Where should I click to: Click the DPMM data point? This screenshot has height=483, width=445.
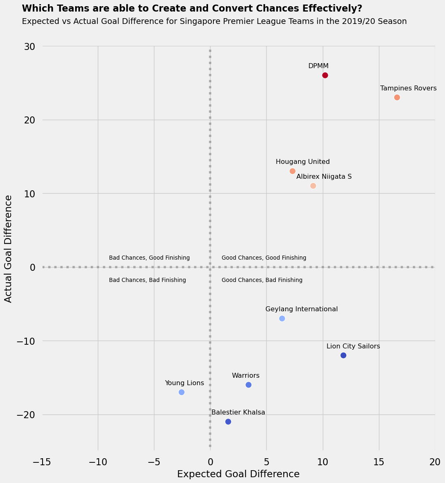tap(325, 75)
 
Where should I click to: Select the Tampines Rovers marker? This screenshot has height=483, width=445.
tap(397, 97)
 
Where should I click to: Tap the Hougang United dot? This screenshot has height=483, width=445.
tap(292, 171)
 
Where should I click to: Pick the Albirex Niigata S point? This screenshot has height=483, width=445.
tap(313, 186)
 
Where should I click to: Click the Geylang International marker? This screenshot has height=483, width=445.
tap(282, 318)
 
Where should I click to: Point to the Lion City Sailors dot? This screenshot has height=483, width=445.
tap(343, 355)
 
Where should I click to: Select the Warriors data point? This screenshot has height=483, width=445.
tap(249, 385)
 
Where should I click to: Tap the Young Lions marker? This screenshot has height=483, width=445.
tap(182, 392)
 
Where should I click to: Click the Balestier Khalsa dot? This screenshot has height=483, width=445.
tap(228, 421)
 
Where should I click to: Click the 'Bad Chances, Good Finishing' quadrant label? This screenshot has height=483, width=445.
tap(149, 258)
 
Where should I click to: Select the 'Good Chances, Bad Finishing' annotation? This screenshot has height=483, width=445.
tap(262, 280)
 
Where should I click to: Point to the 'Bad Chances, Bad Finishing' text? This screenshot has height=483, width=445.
tap(147, 280)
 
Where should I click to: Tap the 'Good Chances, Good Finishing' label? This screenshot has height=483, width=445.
tap(264, 258)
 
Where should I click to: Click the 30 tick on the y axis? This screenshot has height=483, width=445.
tap(29, 46)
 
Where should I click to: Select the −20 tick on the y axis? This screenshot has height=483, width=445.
tap(26, 414)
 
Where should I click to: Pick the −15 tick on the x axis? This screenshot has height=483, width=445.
tap(42, 462)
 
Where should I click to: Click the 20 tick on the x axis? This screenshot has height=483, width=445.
tap(435, 462)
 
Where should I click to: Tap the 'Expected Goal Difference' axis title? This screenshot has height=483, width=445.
tap(238, 474)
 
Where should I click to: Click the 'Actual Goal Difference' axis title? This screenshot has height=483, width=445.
tap(9, 249)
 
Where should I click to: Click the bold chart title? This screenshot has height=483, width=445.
tap(192, 8)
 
